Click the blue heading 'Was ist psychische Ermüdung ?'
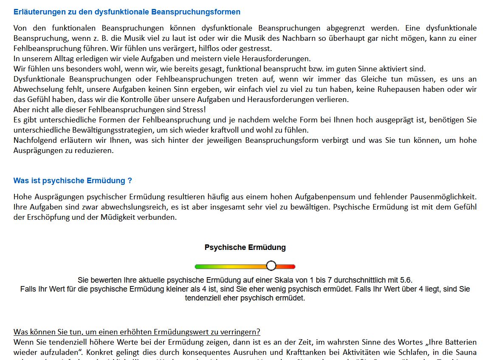(73, 181)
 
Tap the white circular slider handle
(271, 266)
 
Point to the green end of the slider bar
(198, 266)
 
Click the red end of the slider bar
(292, 266)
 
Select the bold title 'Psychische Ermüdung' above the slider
(245, 247)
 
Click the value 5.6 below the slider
(406, 280)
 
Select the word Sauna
(466, 352)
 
